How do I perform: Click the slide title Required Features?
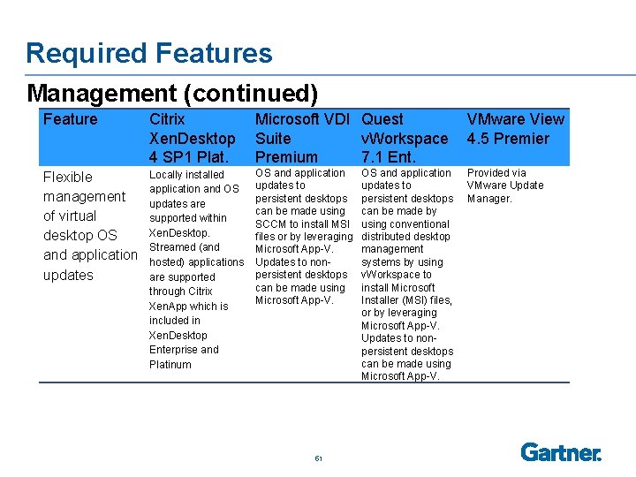(x=149, y=53)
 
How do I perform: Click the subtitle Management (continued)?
(x=172, y=93)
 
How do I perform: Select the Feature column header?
(x=71, y=119)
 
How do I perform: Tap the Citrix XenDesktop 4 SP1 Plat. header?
(x=193, y=138)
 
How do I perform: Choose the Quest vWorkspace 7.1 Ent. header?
(x=405, y=138)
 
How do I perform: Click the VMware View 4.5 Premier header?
(x=515, y=129)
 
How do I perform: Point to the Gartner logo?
(x=561, y=452)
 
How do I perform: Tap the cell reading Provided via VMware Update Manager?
(x=505, y=185)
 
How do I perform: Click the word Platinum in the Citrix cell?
(x=170, y=364)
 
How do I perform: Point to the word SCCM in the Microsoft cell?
(x=270, y=223)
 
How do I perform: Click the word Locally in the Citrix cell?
(x=167, y=174)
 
